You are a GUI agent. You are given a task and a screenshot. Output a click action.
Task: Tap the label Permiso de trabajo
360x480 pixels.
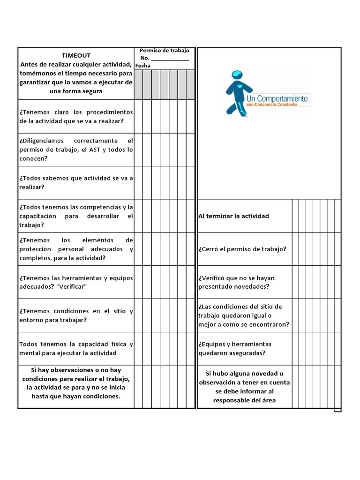pyautogui.click(x=165, y=50)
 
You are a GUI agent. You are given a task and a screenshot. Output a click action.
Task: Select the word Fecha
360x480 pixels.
pyautogui.click(x=142, y=66)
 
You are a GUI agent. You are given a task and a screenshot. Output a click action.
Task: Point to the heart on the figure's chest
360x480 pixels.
pyautogui.click(x=240, y=87)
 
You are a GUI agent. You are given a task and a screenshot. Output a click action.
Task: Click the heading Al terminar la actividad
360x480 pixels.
pyautogui.click(x=233, y=216)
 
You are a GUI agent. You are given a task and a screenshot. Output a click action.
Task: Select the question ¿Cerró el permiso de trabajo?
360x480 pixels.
pyautogui.click(x=242, y=249)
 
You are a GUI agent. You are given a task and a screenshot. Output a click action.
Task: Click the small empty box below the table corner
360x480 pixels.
pyautogui.click(x=337, y=410)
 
